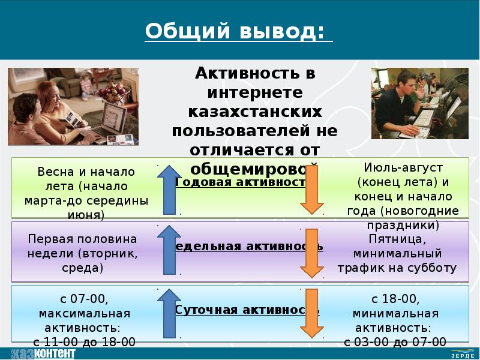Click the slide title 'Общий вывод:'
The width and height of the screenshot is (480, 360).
pos(238,31)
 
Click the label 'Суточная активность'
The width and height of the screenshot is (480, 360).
pos(247,310)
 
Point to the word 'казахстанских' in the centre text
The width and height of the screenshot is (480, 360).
pos(255,112)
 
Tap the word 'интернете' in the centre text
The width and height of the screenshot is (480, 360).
pos(255,93)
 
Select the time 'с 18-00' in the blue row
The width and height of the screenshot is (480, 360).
pos(395,298)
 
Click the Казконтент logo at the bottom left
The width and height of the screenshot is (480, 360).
pos(42,353)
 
